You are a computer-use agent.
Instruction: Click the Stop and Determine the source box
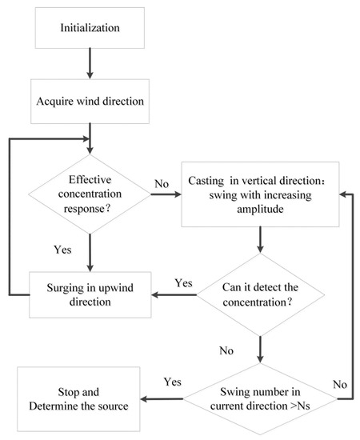(x=77, y=399)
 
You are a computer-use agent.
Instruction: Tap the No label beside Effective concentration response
(x=163, y=185)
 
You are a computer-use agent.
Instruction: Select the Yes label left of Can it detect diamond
(x=183, y=283)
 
